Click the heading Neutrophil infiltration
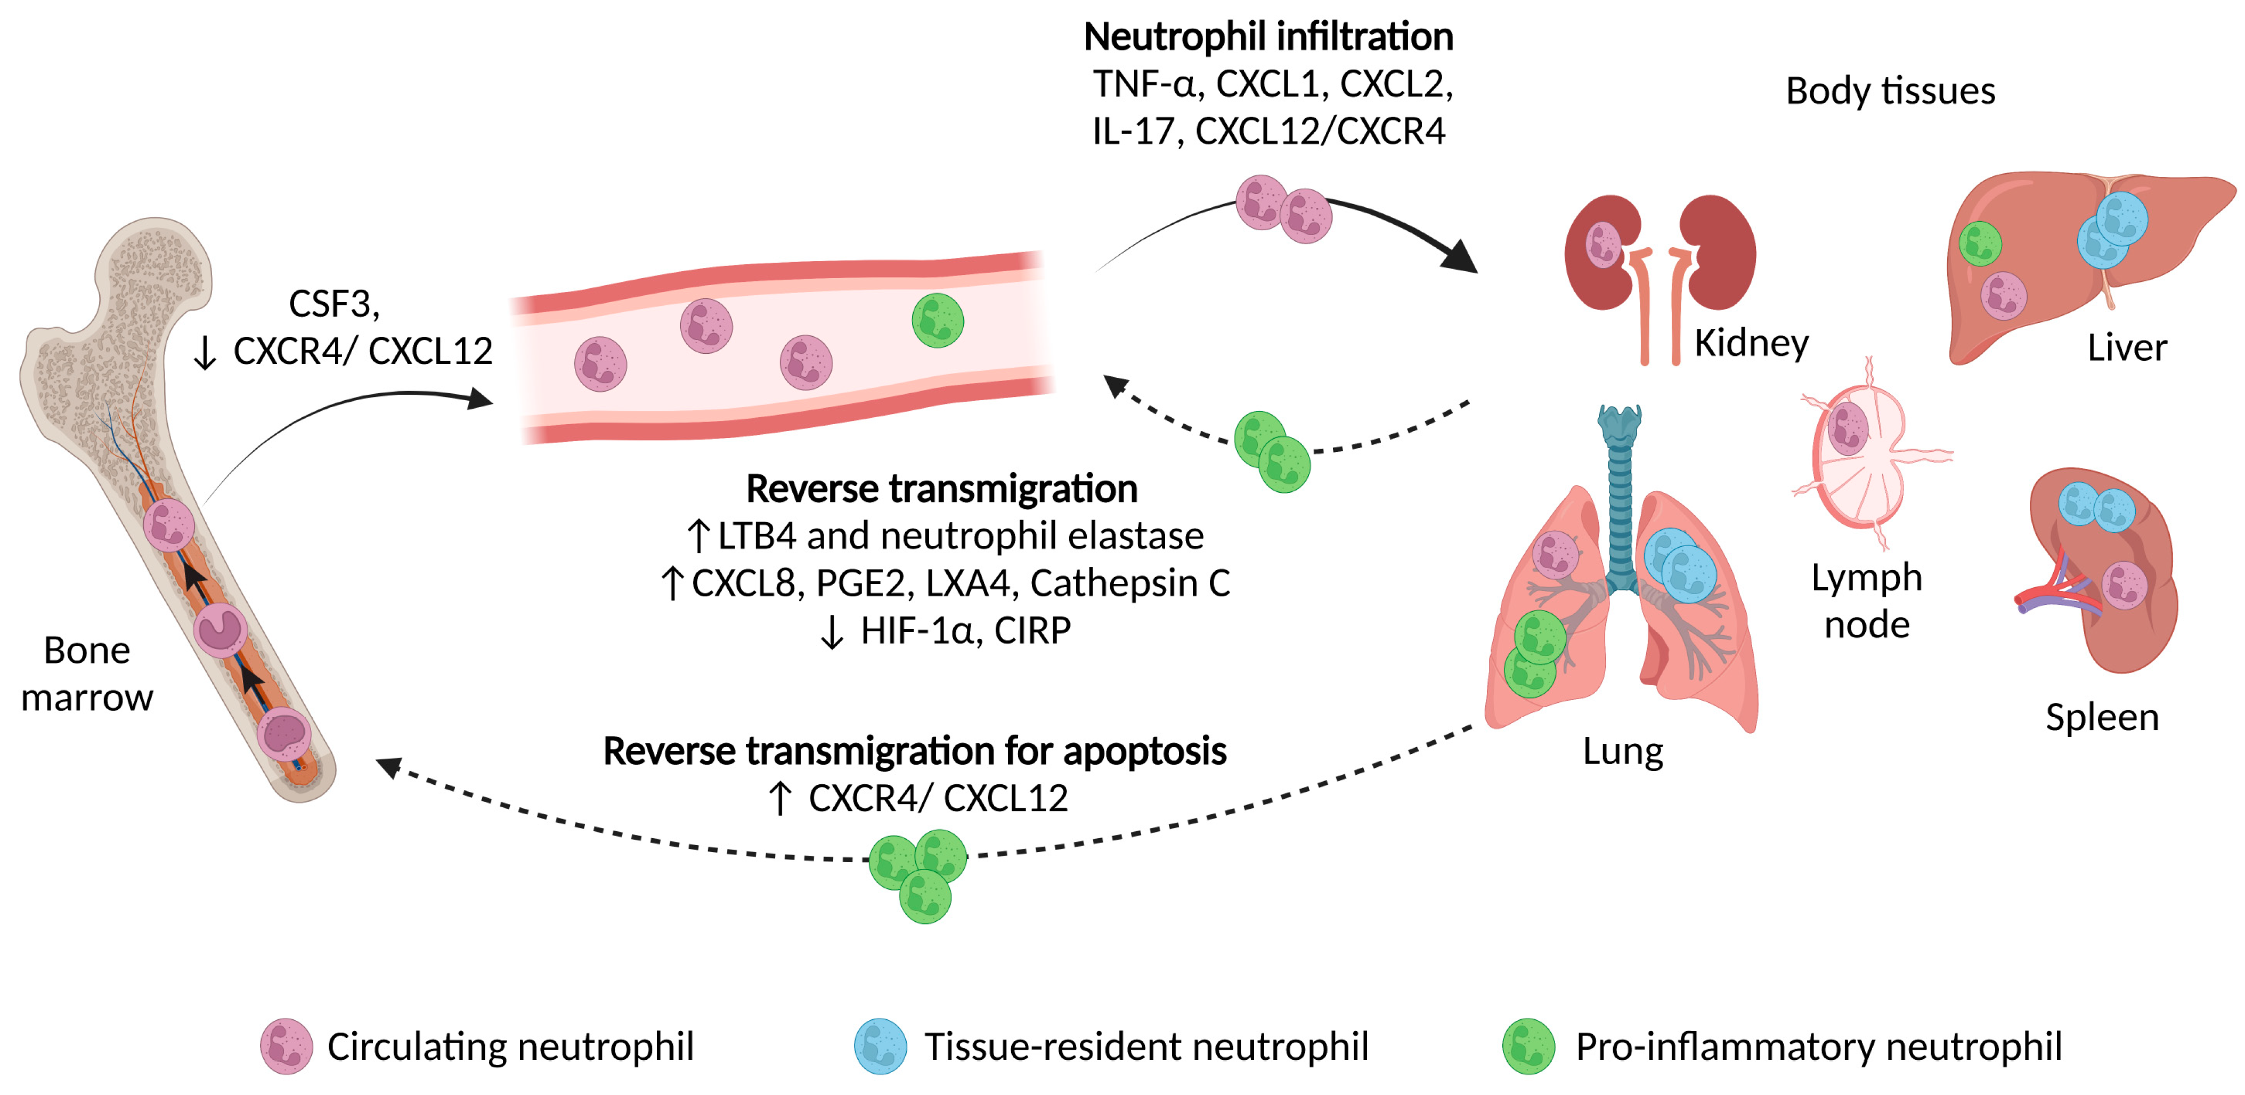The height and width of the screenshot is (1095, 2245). (1268, 37)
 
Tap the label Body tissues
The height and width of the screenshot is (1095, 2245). (1890, 91)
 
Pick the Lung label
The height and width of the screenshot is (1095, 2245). (1623, 751)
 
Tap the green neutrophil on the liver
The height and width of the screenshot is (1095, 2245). (1980, 243)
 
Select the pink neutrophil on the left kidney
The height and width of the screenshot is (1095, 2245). (1604, 244)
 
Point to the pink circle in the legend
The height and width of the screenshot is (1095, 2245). (286, 1046)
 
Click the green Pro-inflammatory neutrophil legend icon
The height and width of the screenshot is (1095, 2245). (1528, 1046)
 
